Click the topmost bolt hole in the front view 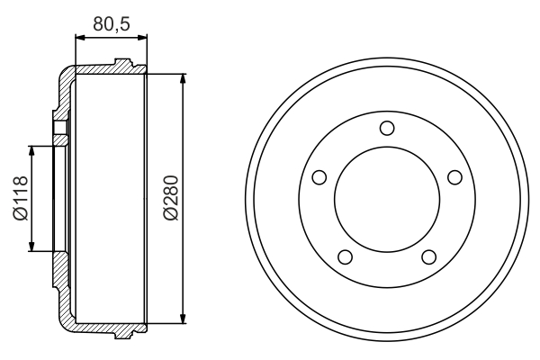tap(386, 127)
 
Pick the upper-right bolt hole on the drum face tap(454, 176)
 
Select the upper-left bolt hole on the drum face tap(318, 176)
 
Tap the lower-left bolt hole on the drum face tap(344, 257)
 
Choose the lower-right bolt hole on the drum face tap(428, 257)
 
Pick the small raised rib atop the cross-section tap(122, 63)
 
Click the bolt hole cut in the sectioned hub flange tap(60, 129)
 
